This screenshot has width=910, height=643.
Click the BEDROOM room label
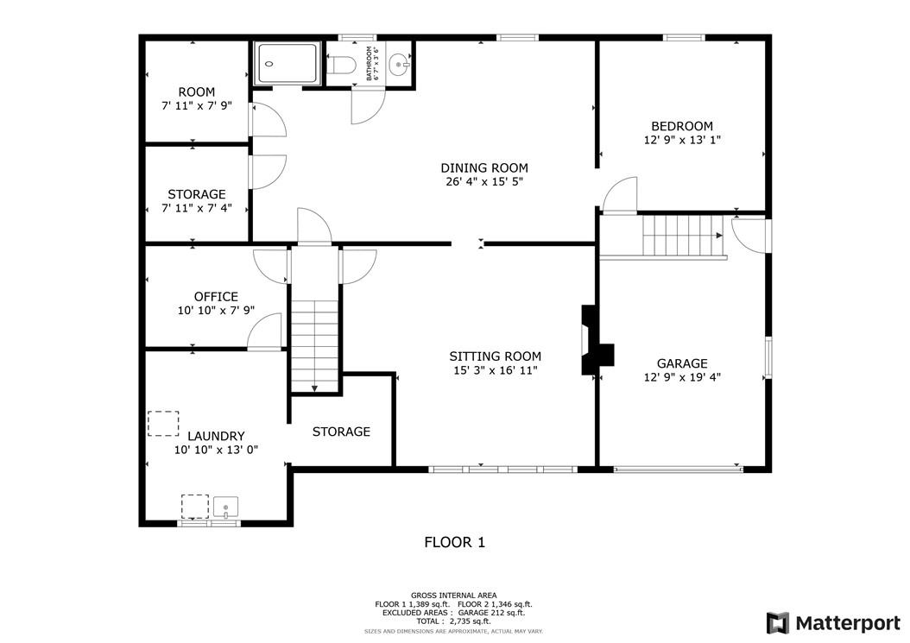click(682, 126)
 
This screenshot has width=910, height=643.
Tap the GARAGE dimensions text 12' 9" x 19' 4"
click(682, 376)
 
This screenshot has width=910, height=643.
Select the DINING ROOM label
click(484, 168)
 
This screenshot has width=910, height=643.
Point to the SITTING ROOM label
click(495, 356)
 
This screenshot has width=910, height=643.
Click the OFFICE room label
click(216, 297)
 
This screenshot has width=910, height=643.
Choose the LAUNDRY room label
click(216, 437)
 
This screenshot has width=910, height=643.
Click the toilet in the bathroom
click(343, 65)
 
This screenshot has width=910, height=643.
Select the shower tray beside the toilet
click(288, 63)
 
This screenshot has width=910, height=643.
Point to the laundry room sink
click(226, 507)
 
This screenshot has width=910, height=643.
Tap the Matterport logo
click(833, 622)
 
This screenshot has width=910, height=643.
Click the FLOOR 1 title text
click(454, 542)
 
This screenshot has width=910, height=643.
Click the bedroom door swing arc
click(619, 193)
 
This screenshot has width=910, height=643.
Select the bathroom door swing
click(367, 106)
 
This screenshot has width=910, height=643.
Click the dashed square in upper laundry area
click(161, 423)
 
